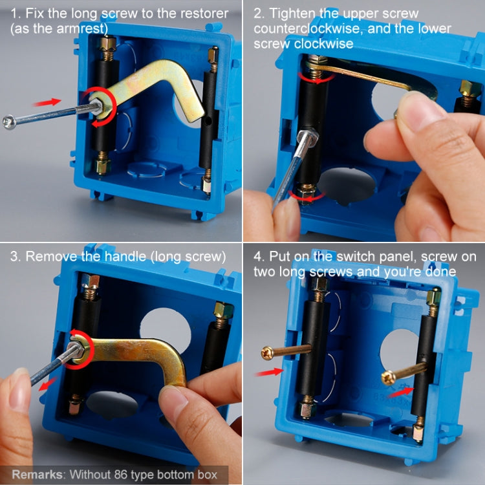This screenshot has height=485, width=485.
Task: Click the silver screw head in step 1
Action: [8, 122]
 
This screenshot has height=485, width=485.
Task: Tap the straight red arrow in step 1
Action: [47, 102]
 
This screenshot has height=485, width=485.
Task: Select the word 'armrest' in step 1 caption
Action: [81, 28]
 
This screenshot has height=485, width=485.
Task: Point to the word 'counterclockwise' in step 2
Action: [307, 28]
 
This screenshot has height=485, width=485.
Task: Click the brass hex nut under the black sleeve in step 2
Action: [307, 193]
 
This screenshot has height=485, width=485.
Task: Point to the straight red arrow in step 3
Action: [48, 384]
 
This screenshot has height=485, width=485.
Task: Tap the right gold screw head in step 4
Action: [387, 378]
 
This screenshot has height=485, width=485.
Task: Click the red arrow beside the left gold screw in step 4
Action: [269, 372]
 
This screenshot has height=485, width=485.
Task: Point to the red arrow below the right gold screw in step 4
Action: [401, 393]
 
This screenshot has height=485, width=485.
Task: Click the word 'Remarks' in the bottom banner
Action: [37, 475]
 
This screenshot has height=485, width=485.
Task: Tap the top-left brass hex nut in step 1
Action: [108, 43]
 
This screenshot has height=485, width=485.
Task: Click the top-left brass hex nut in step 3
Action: [91, 281]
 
